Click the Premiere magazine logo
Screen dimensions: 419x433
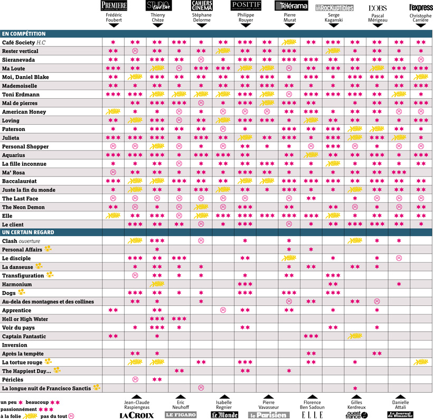coord(113,6)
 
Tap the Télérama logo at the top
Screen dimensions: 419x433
coord(291,6)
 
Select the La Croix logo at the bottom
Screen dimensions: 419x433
coord(137,415)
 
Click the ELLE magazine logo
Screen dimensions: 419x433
coord(312,415)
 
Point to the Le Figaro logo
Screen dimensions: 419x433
coord(181,415)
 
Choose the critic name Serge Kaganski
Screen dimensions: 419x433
coord(334,17)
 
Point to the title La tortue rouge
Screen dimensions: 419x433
coord(22,362)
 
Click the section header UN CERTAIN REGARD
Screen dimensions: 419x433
coord(28,232)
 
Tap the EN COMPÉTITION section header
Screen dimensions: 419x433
coord(24,34)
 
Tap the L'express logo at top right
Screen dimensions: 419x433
coord(420,7)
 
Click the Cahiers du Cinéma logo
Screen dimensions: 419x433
coord(202,5)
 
